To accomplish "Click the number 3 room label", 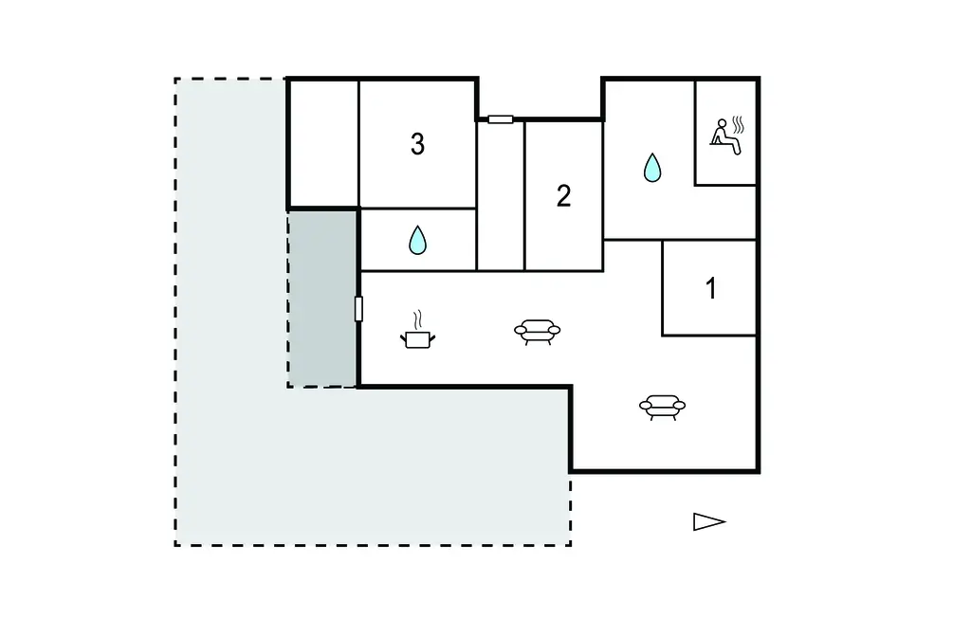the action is click(x=417, y=144).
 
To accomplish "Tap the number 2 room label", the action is click(x=563, y=196).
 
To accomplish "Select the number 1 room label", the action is click(x=711, y=288).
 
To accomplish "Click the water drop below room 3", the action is click(x=418, y=240).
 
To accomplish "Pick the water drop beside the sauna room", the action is click(x=652, y=167).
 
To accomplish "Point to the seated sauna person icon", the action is click(x=726, y=136).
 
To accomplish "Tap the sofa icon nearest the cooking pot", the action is click(x=537, y=332).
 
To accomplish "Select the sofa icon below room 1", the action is click(x=662, y=408).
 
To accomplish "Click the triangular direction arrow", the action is click(x=708, y=522).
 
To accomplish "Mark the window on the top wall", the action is click(x=501, y=119).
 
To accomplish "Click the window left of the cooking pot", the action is click(x=358, y=309).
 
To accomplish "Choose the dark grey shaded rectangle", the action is click(x=322, y=300).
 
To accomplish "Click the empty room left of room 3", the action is click(x=324, y=144).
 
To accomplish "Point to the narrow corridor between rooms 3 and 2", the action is click(x=501, y=195).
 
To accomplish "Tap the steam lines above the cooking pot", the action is click(x=418, y=318).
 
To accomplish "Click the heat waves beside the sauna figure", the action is click(x=738, y=125).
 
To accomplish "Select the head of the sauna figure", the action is click(x=722, y=123).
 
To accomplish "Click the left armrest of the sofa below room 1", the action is click(x=646, y=406).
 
